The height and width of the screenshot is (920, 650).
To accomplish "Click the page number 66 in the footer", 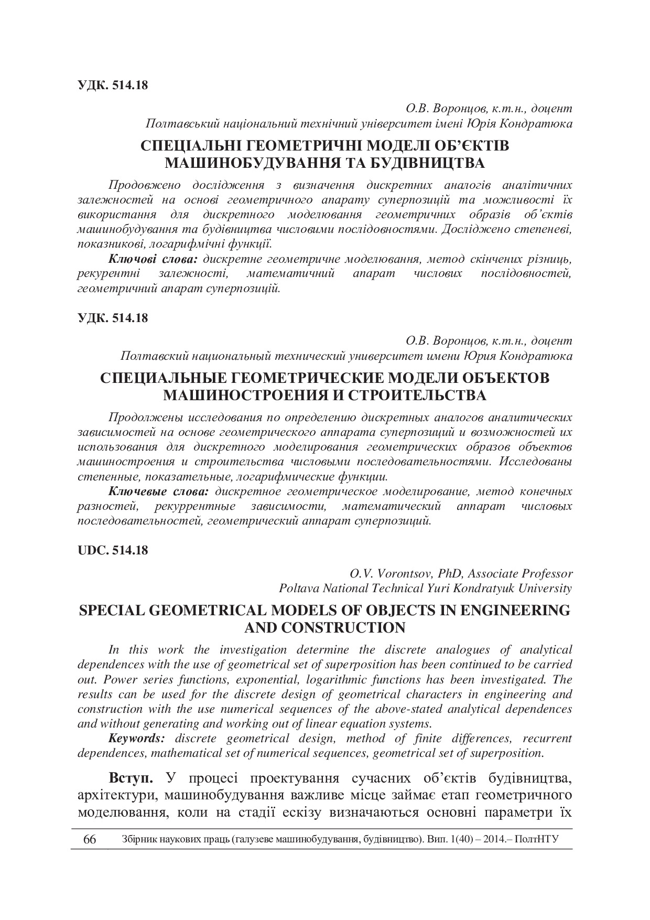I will tap(90, 839).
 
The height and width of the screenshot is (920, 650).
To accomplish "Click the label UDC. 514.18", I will tap(113, 550).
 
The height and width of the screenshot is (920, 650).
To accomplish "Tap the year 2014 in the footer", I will tap(493, 839).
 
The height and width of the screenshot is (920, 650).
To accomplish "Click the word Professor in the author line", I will tap(547, 573).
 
